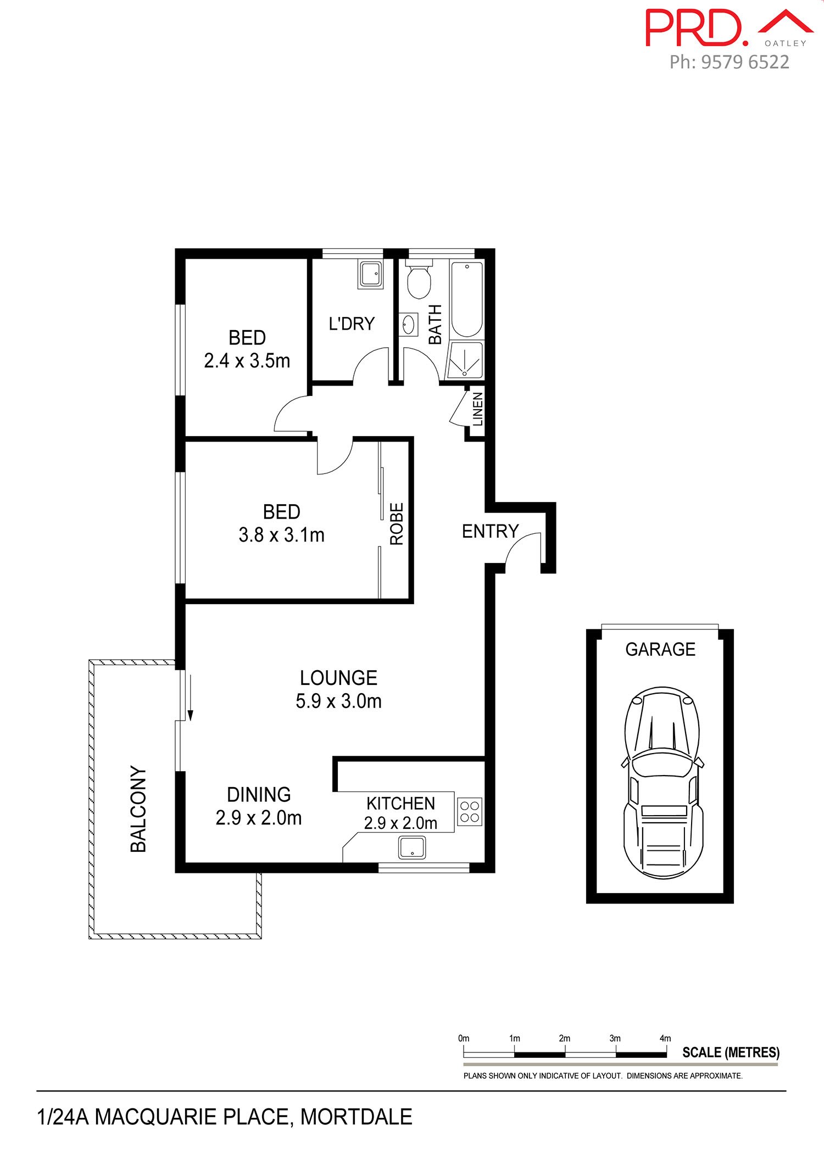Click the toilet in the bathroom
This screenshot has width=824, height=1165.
419,281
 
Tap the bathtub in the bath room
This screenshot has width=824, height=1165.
467,299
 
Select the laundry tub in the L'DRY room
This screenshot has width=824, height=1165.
371,275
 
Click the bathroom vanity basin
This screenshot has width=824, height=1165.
409,324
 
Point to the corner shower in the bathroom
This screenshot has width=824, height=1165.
465,360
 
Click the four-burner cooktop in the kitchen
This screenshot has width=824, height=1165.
470,812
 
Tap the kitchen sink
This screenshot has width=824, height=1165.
411,847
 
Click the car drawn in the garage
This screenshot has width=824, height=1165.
663,782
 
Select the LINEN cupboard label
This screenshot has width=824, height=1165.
478,409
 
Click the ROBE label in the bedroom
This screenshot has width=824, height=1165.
397,524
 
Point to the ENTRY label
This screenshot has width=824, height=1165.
490,531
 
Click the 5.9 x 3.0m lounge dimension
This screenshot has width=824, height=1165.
338,701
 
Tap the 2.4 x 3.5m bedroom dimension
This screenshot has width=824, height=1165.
247,361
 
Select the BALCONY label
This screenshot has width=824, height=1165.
138,809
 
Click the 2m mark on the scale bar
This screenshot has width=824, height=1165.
564,1038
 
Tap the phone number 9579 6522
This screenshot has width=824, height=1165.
745,62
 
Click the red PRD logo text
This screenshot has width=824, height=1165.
697,27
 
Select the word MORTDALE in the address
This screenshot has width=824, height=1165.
356,1117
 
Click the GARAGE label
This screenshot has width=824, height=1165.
660,649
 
